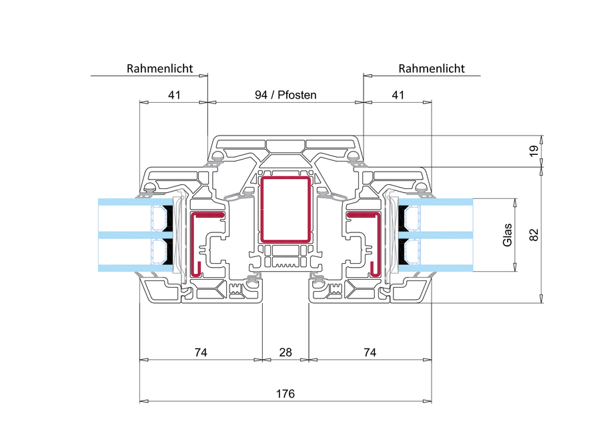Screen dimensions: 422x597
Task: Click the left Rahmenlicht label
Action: point(159,68)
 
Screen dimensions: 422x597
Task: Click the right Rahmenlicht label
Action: point(431,68)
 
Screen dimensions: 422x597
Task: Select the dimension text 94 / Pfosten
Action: point(285,95)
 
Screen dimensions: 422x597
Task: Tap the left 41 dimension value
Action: point(174,95)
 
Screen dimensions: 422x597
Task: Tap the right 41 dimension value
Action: point(398,95)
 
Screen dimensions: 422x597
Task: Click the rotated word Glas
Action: point(507,235)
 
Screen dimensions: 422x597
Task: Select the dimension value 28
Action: point(285,352)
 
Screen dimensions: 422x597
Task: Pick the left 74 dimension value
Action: point(200,352)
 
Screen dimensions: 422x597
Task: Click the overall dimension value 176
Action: point(285,394)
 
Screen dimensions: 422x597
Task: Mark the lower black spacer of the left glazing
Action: point(169,252)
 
